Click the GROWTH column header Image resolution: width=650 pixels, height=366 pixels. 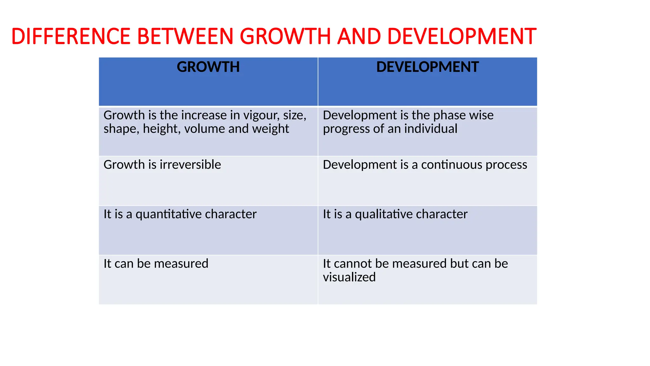click(x=208, y=67)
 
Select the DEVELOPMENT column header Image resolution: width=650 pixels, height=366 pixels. click(x=427, y=67)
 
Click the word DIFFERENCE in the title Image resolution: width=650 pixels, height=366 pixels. click(x=71, y=36)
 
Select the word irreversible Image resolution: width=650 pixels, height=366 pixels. click(x=190, y=165)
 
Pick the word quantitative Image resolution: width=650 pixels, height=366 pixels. click(x=169, y=214)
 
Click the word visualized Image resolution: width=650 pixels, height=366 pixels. click(x=349, y=277)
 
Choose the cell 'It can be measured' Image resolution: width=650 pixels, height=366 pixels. click(x=156, y=264)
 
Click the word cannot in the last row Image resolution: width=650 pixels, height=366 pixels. click(x=353, y=264)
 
